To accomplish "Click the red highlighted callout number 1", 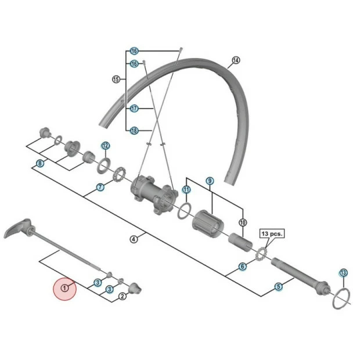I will point(65,287).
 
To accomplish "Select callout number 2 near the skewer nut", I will point(122,296).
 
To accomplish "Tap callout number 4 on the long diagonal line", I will point(134,239).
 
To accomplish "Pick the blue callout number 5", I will point(278,286).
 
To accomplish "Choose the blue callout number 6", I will point(243,267).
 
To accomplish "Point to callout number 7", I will point(100,188).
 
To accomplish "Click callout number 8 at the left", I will point(39,164).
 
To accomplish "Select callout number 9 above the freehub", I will point(210,181).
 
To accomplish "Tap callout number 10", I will point(243,222).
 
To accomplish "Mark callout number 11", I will point(186,189).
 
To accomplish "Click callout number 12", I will point(105,145).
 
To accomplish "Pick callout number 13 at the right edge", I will point(343,272).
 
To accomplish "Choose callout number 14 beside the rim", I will point(235,60).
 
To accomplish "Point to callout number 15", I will point(115,80).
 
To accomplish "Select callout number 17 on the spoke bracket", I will point(134,109).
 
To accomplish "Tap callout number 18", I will point(134,131).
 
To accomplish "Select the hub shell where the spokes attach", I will point(152,195).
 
